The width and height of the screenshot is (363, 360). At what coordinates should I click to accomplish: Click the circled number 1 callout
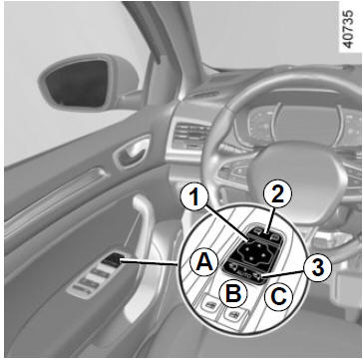194,197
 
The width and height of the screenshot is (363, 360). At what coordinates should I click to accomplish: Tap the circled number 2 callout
277,193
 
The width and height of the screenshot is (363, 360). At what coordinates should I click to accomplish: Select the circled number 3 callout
317,268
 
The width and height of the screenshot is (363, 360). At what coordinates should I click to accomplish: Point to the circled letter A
203,262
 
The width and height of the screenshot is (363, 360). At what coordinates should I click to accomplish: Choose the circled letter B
234,293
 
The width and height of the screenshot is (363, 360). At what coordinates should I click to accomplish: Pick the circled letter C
278,297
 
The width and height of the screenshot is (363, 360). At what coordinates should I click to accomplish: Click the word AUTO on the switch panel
243,274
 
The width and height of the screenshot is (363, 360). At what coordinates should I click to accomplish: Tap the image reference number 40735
347,30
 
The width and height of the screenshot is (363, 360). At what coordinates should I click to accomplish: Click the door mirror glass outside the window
78,84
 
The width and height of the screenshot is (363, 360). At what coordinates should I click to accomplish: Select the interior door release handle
133,152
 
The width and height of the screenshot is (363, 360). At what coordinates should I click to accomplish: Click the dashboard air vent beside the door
188,137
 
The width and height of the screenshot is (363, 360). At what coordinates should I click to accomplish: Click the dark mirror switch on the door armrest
111,259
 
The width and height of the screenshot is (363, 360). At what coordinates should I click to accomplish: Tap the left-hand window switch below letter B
209,305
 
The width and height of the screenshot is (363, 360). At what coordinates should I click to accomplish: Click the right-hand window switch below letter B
233,313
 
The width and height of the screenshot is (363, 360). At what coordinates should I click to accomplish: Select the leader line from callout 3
283,274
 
